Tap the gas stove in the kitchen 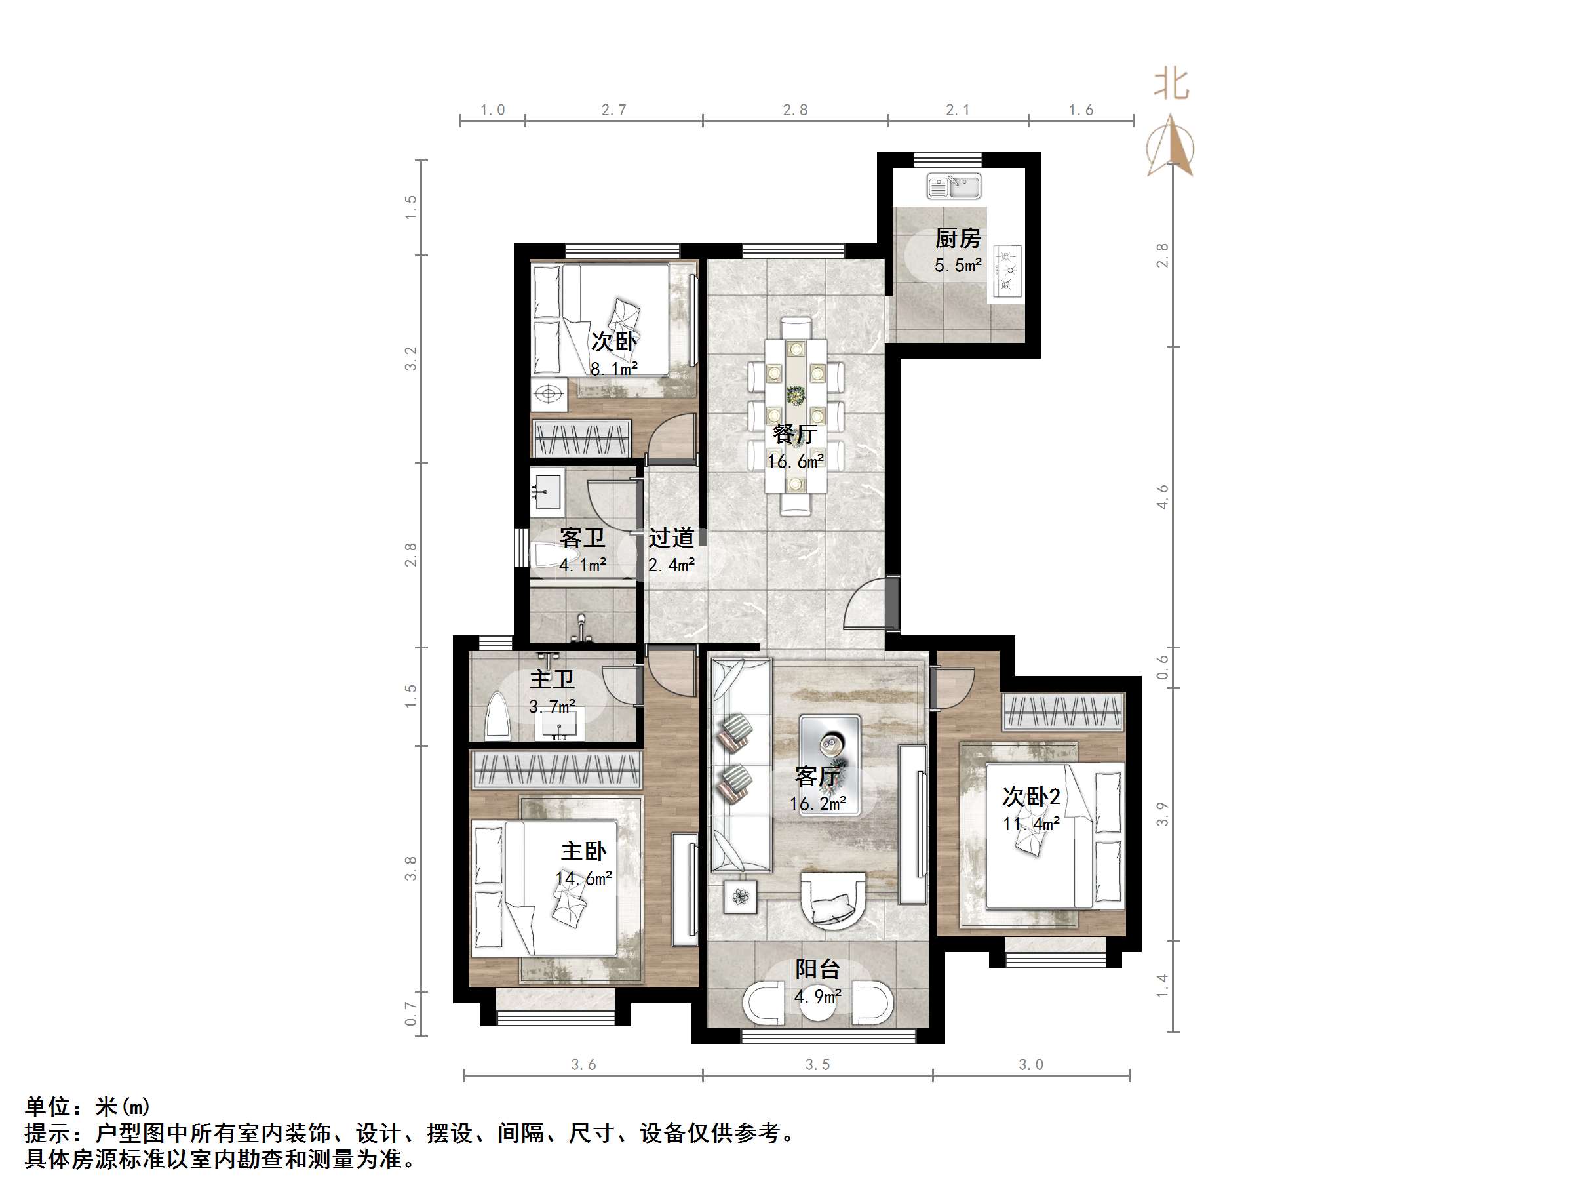1007,271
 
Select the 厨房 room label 958,238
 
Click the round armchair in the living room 832,900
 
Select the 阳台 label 817,970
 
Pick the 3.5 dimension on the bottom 817,1065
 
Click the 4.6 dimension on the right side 1161,497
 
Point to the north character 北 1171,85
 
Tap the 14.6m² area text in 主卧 584,878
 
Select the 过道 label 671,537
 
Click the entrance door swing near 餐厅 866,604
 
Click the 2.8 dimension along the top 795,110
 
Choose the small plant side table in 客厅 741,897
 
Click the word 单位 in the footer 48,1107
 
